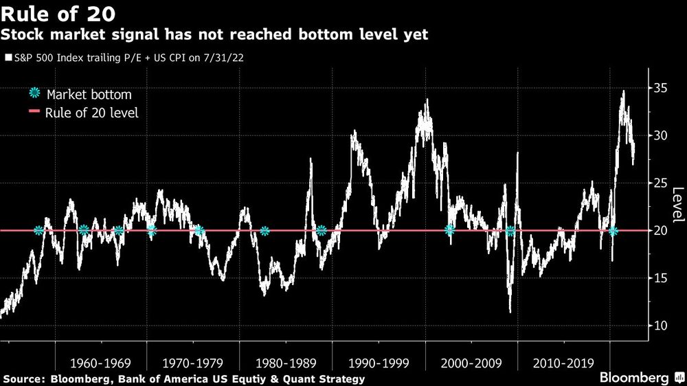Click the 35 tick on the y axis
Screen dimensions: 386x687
coord(661,88)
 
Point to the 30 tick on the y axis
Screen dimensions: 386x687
coord(661,135)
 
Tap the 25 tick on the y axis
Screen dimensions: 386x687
coord(661,183)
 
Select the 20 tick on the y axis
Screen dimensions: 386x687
coord(661,231)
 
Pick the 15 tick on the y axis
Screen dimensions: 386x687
coord(661,278)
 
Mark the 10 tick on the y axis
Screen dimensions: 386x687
coord(661,326)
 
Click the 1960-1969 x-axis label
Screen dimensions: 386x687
coord(100,362)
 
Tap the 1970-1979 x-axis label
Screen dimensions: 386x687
coord(194,362)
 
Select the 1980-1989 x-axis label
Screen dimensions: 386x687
coord(286,362)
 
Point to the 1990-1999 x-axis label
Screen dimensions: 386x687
coord(379,362)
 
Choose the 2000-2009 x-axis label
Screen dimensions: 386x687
coord(471,362)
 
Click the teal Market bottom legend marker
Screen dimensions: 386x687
coord(34,94)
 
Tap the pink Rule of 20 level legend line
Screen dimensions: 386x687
coord(34,113)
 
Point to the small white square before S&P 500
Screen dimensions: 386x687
coord(8,58)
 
